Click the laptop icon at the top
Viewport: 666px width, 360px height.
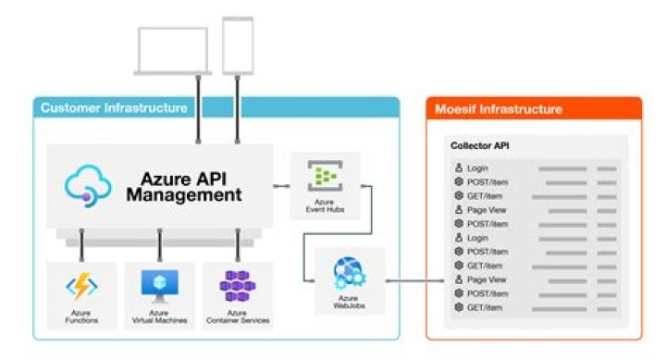172,51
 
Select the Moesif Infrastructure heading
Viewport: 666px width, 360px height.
499,109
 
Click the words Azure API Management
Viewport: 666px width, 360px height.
191,187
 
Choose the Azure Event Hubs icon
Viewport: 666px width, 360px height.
325,174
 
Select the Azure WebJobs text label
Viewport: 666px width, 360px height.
350,302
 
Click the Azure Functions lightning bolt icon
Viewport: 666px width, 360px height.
81,288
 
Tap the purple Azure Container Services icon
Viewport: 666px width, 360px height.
238,287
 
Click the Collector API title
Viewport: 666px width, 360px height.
478,146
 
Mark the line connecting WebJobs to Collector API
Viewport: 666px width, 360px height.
412,280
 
